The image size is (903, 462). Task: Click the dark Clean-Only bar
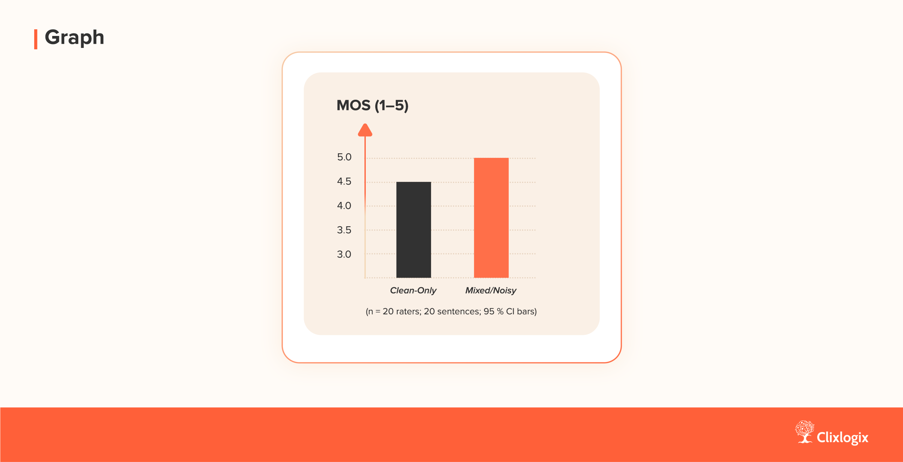pyautogui.click(x=413, y=230)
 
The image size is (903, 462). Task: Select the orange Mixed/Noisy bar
pyautogui.click(x=491, y=218)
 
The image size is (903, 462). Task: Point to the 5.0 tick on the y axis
pyautogui.click(x=344, y=157)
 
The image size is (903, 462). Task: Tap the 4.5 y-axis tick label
pyautogui.click(x=344, y=181)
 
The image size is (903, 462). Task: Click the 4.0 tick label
pyautogui.click(x=344, y=206)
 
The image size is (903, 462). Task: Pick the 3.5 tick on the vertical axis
pyautogui.click(x=344, y=230)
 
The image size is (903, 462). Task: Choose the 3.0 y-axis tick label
pyautogui.click(x=344, y=254)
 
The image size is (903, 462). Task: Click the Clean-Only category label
pyautogui.click(x=413, y=290)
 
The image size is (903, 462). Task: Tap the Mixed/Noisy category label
pyautogui.click(x=491, y=291)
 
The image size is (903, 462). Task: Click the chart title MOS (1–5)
pyautogui.click(x=372, y=105)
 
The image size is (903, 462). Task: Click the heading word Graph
pyautogui.click(x=74, y=38)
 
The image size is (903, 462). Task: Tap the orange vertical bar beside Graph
pyautogui.click(x=36, y=39)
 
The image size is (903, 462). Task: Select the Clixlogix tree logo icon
pyautogui.click(x=805, y=432)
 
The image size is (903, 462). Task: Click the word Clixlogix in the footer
pyautogui.click(x=842, y=437)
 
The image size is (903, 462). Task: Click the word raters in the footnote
pyautogui.click(x=409, y=312)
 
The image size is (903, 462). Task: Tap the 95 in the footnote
pyautogui.click(x=489, y=312)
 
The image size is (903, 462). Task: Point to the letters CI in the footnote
pyautogui.click(x=510, y=312)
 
